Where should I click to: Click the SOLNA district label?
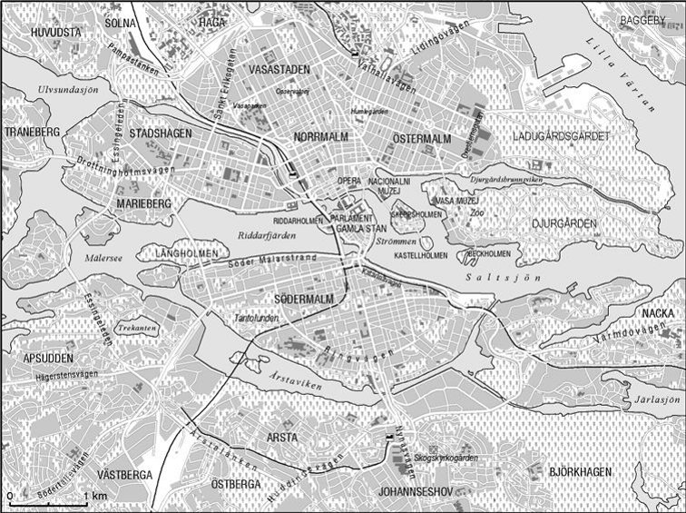tap(120, 22)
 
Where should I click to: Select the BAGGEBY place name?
tap(646, 20)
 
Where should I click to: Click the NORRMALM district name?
tap(320, 137)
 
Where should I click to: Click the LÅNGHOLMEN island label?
tap(188, 252)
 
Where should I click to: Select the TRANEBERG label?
tap(32, 133)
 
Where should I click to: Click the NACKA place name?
tap(658, 313)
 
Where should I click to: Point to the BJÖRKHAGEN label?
tap(580, 472)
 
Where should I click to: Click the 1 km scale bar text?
tap(99, 496)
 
